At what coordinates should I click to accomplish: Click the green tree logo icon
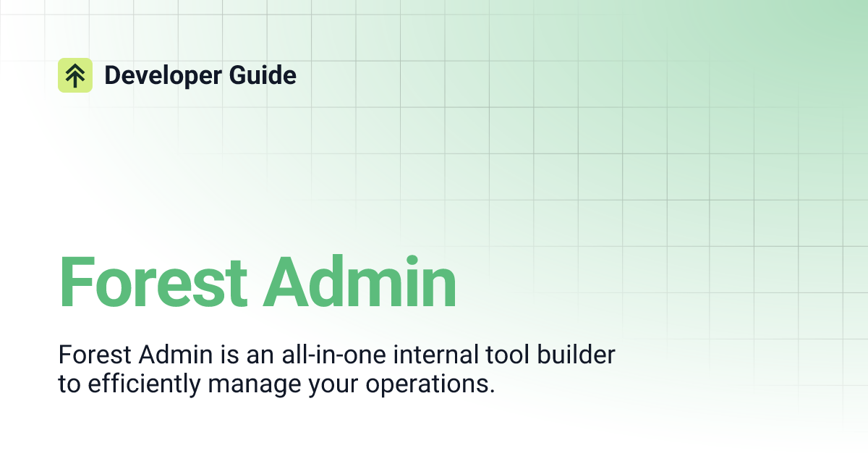(x=75, y=75)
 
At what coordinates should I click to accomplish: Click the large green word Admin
(x=359, y=282)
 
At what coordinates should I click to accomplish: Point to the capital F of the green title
(x=74, y=282)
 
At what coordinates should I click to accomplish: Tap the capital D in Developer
(x=112, y=75)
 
